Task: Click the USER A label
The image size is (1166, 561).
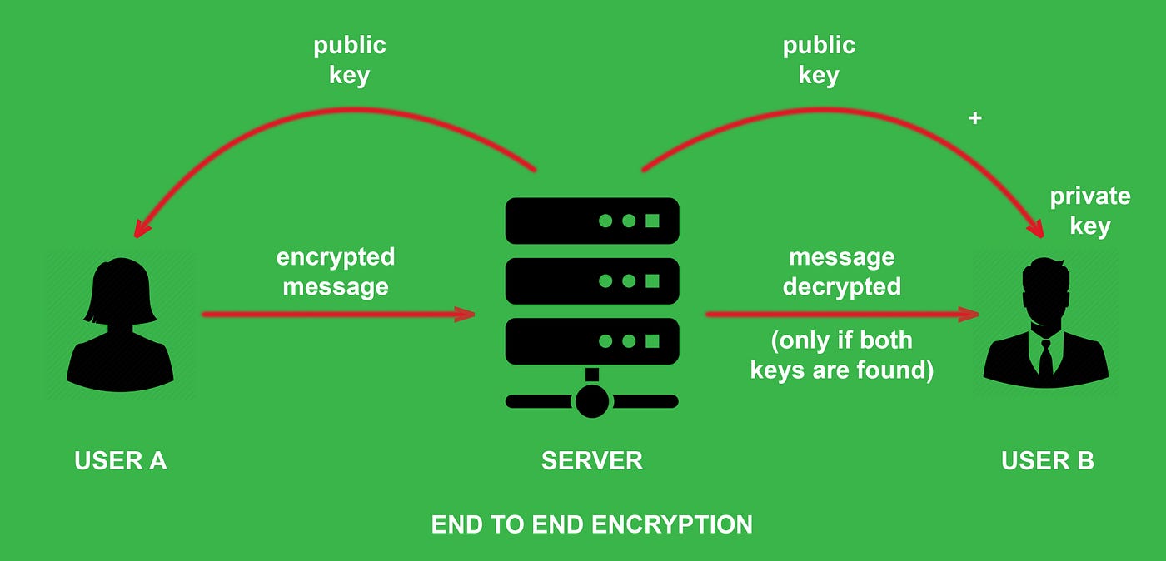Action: (x=121, y=460)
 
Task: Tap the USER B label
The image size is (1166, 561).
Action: (x=1047, y=460)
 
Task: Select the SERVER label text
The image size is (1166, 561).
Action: (x=591, y=460)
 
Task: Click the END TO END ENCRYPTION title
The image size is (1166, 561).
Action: (x=591, y=524)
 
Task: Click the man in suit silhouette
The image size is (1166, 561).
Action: (x=1045, y=329)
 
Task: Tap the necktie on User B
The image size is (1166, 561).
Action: (x=1045, y=356)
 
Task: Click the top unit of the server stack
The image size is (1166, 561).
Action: (x=592, y=221)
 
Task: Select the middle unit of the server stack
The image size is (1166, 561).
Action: (x=592, y=281)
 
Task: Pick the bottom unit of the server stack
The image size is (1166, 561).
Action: (x=592, y=341)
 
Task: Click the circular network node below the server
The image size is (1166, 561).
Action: (x=591, y=401)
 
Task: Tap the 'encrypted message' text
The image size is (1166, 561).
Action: (x=335, y=271)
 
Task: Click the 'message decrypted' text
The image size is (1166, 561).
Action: (x=841, y=271)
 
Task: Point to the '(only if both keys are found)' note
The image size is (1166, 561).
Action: (x=841, y=355)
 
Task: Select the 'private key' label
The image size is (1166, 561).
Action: (x=1089, y=211)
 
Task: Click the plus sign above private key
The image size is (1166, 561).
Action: (x=974, y=118)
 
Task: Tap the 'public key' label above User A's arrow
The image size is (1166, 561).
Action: (x=350, y=60)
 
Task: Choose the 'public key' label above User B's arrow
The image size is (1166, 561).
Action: (x=818, y=60)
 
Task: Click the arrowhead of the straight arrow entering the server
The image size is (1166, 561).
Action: (x=464, y=315)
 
